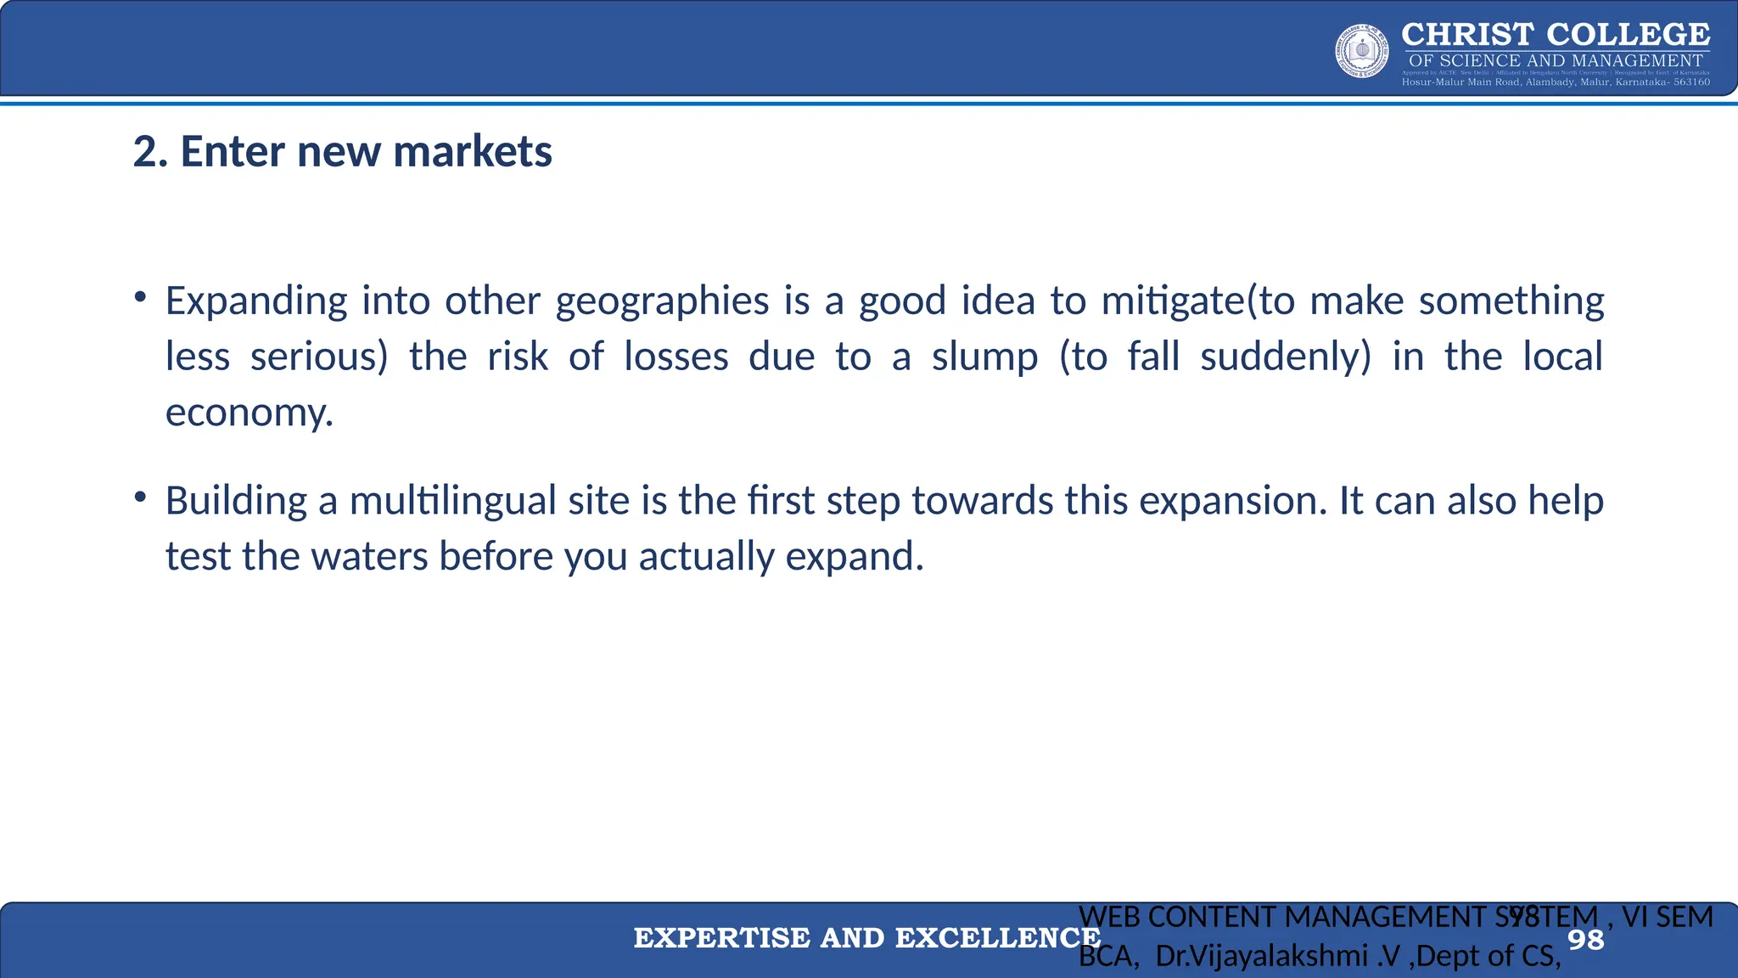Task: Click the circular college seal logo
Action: [x=1362, y=51]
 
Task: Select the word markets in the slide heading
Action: [x=473, y=152]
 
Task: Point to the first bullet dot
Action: [x=141, y=297]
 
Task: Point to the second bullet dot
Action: [x=141, y=497]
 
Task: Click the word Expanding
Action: [x=256, y=301]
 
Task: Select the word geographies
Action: [x=662, y=301]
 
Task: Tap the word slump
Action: [x=984, y=357]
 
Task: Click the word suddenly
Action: [x=1285, y=357]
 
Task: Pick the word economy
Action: [x=248, y=413]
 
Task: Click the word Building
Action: [x=236, y=501]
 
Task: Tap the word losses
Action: [x=676, y=357]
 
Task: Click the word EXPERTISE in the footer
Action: [x=721, y=938]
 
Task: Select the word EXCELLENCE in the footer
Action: [x=998, y=938]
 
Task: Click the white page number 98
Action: [x=1585, y=940]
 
